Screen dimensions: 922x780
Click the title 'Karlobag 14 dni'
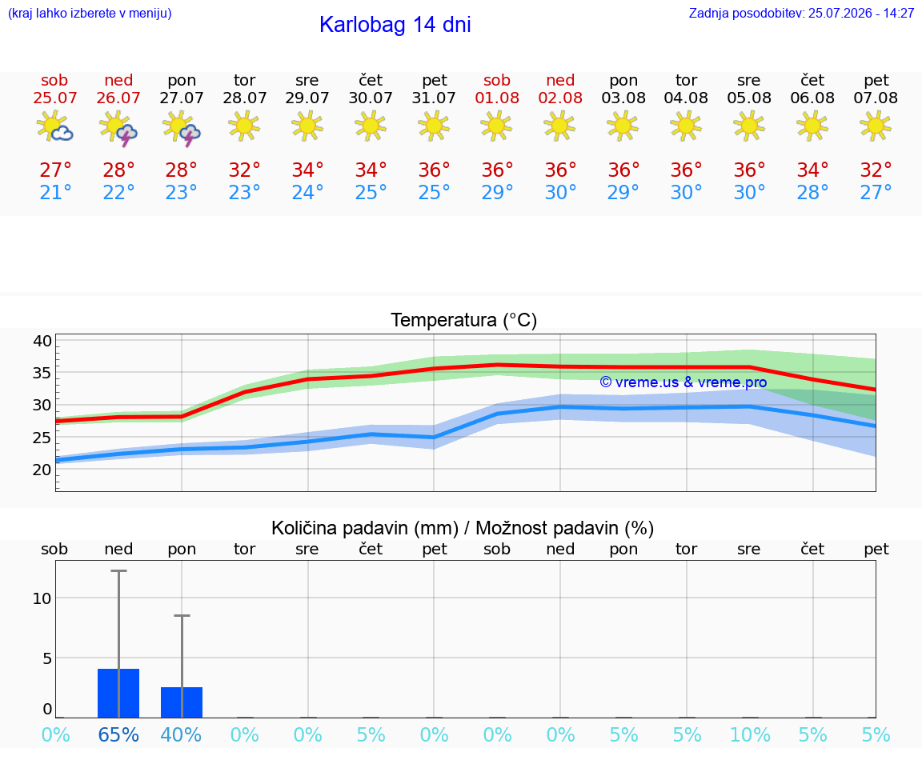click(395, 25)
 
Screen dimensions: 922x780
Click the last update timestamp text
click(801, 13)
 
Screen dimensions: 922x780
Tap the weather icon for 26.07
click(118, 127)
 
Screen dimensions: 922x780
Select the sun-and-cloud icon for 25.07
click(54, 126)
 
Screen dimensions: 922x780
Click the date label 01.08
click(497, 98)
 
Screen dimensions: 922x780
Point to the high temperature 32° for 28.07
click(245, 170)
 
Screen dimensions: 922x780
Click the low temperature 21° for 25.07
click(55, 192)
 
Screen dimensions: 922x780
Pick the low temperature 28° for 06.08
click(812, 192)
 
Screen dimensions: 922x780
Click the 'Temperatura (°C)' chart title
click(464, 320)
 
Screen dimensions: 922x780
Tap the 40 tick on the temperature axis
click(42, 341)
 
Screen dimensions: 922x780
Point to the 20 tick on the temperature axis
click(42, 470)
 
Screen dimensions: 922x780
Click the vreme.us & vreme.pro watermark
click(683, 382)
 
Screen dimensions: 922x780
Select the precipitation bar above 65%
click(118, 693)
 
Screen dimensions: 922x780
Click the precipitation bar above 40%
click(182, 702)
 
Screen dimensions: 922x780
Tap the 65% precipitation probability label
click(118, 734)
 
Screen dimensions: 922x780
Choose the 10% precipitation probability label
click(750, 734)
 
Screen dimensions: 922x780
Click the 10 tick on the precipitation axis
click(42, 598)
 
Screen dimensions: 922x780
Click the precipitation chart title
click(463, 528)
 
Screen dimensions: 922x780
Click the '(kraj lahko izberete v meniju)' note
click(90, 13)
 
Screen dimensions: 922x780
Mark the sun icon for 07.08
click(876, 126)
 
